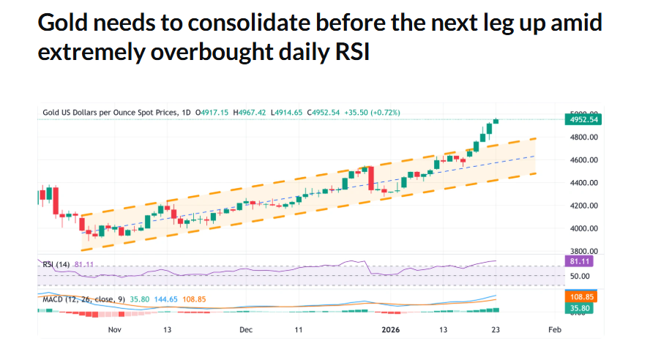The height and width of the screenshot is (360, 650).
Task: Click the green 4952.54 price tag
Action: click(x=583, y=119)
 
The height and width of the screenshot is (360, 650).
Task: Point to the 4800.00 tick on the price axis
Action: click(x=583, y=137)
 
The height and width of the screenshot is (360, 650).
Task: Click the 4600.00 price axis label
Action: click(x=583, y=160)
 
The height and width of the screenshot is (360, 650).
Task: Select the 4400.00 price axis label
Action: click(x=583, y=183)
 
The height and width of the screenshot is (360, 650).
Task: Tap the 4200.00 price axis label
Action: click(x=583, y=206)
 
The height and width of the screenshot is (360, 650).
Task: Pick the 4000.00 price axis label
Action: click(x=583, y=229)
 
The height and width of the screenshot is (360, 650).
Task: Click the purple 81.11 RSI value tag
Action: click(x=583, y=260)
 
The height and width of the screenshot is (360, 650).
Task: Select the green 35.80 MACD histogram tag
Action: click(x=583, y=309)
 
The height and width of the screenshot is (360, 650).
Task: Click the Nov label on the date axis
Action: click(x=114, y=330)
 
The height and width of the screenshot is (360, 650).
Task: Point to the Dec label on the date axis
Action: click(x=246, y=330)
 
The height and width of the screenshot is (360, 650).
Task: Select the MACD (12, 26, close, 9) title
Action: click(x=81, y=299)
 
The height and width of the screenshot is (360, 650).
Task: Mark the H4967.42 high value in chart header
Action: click(x=250, y=112)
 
